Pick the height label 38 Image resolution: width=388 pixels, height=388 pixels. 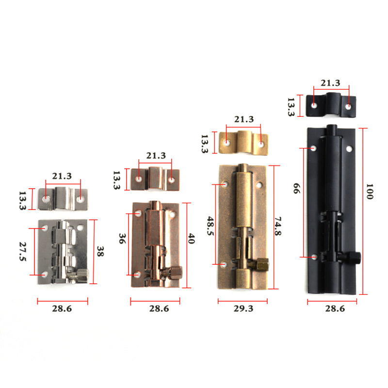pyautogui.click(x=100, y=252)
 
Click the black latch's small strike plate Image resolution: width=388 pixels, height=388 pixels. pyautogui.click(x=332, y=104)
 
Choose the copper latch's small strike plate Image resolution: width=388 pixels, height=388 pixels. pyautogui.click(x=155, y=179)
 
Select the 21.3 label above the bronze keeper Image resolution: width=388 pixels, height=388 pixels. pyautogui.click(x=243, y=119)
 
